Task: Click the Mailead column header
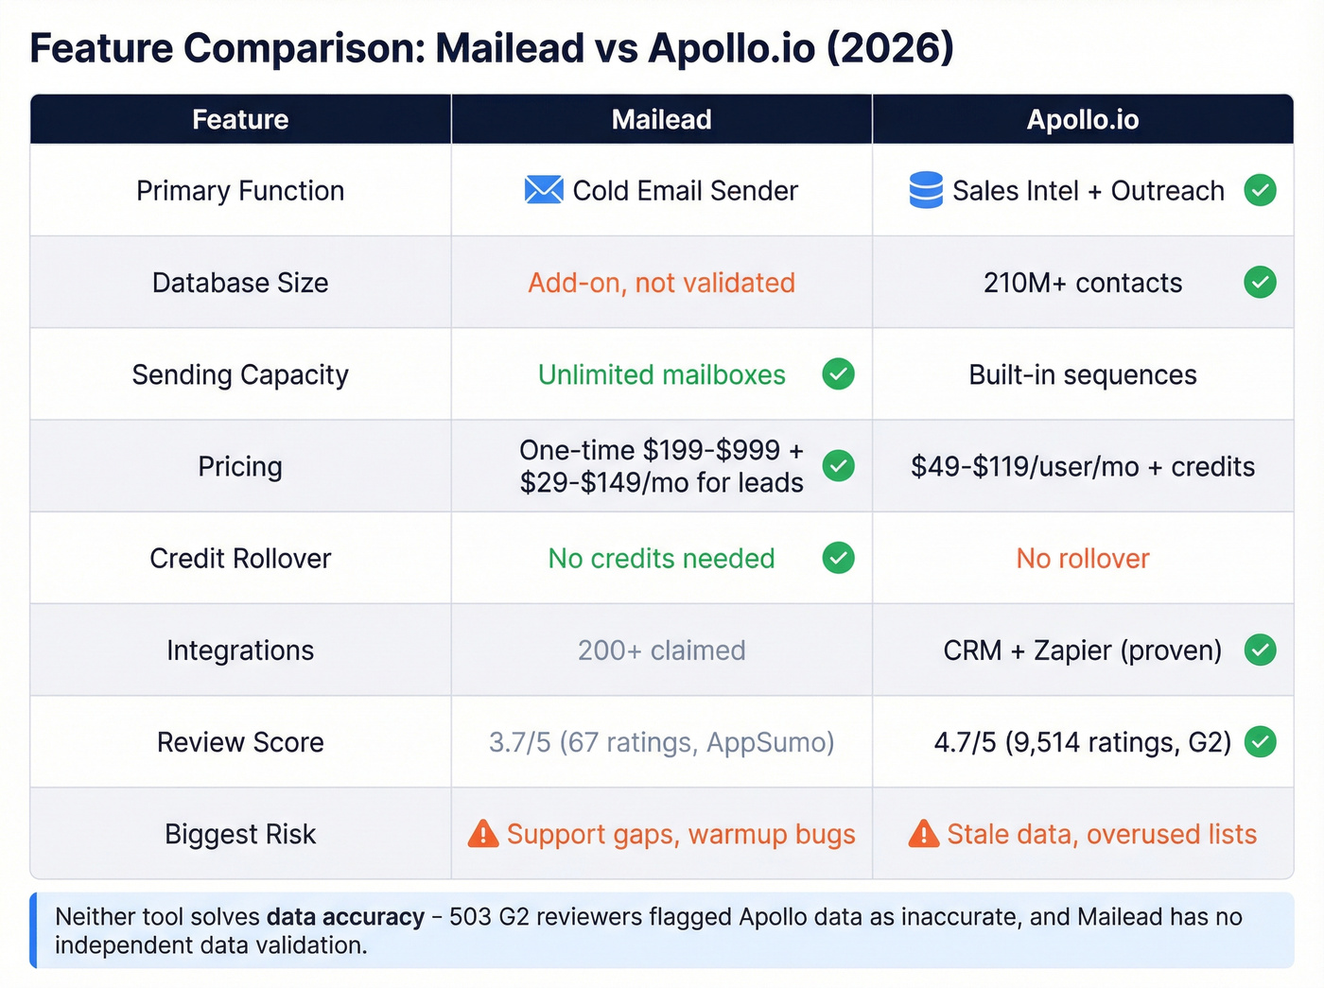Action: pos(661,119)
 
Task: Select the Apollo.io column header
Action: pos(1082,119)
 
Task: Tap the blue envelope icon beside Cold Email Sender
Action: pos(544,190)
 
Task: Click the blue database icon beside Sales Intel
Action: pos(925,190)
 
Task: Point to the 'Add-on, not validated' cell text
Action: pos(661,283)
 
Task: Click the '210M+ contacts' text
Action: pos(1082,283)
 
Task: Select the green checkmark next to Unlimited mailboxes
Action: pos(838,374)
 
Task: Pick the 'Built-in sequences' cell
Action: pos(1082,375)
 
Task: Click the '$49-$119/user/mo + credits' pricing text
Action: pos(1082,467)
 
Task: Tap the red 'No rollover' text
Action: pos(1082,559)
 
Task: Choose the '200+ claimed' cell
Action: pos(661,650)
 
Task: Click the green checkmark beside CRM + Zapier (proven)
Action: pos(1260,650)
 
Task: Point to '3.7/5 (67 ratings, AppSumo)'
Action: pos(661,742)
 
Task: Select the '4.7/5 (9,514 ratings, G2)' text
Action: pos(1082,742)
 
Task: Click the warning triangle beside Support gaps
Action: pos(483,834)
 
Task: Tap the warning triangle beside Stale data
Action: pos(923,834)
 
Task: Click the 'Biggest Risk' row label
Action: pos(240,834)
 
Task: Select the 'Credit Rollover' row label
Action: pos(240,559)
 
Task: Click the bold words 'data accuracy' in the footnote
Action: pos(345,917)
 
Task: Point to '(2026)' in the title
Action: pos(890,48)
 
